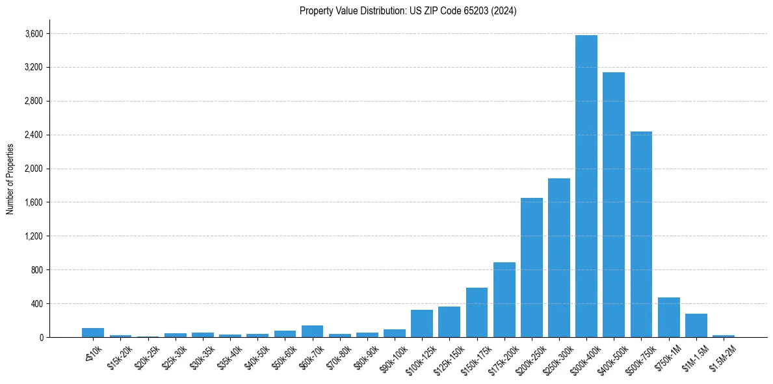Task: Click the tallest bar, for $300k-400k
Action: pos(586,186)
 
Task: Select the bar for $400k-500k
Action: pos(613,204)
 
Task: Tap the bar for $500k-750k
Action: pos(641,234)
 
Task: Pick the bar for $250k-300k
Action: pos(558,258)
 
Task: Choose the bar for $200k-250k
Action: pos(531,267)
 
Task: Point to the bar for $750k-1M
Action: pos(668,318)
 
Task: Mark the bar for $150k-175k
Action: pos(477,312)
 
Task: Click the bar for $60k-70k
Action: pos(312,331)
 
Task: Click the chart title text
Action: pos(408,11)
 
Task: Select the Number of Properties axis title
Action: pos(10,179)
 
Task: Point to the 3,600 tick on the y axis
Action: pos(34,34)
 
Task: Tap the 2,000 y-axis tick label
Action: pos(34,169)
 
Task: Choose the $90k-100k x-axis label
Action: pos(393,357)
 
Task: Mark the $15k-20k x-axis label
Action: pos(120,355)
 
